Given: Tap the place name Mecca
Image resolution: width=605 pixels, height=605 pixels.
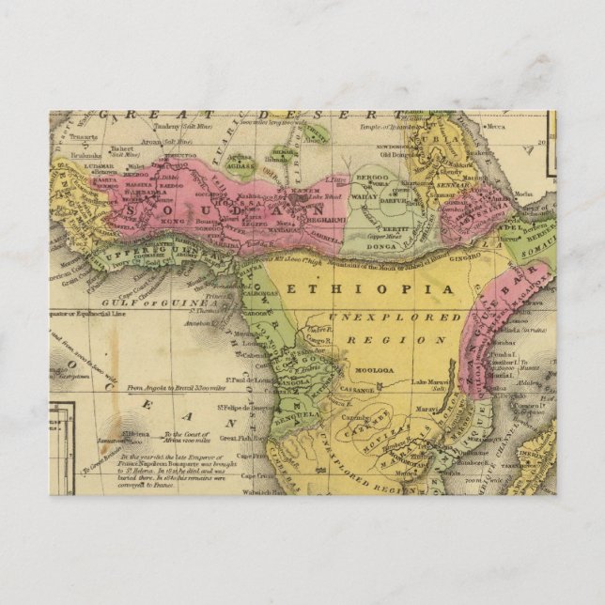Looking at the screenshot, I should tap(495, 126).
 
